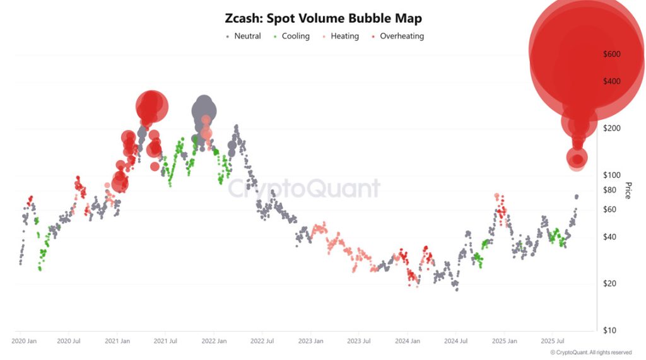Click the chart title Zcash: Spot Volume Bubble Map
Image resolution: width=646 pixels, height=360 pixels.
(x=323, y=18)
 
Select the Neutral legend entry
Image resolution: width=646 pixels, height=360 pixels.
(x=244, y=36)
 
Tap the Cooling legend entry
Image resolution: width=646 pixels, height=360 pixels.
(x=292, y=36)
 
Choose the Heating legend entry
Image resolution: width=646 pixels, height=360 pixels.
(x=341, y=36)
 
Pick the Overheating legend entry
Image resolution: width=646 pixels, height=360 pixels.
(x=398, y=36)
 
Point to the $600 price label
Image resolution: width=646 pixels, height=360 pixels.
(x=611, y=54)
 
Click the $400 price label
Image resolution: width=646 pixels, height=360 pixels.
(x=611, y=81)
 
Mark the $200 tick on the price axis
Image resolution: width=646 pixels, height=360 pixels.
(x=611, y=128)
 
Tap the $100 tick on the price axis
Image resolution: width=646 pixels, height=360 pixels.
(x=611, y=175)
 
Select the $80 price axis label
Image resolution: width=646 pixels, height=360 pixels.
(x=609, y=190)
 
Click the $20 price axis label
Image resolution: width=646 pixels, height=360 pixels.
(x=609, y=284)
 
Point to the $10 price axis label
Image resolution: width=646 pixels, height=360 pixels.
(x=609, y=330)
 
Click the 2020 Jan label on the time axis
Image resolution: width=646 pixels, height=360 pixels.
(x=25, y=341)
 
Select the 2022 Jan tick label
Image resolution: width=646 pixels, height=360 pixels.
(x=214, y=341)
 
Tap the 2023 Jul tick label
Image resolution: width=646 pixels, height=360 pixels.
(x=358, y=341)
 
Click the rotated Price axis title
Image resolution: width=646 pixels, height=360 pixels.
(x=628, y=190)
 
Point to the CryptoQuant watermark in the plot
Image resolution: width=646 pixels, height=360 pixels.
(x=304, y=189)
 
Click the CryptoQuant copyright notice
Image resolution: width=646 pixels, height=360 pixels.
(x=590, y=352)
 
